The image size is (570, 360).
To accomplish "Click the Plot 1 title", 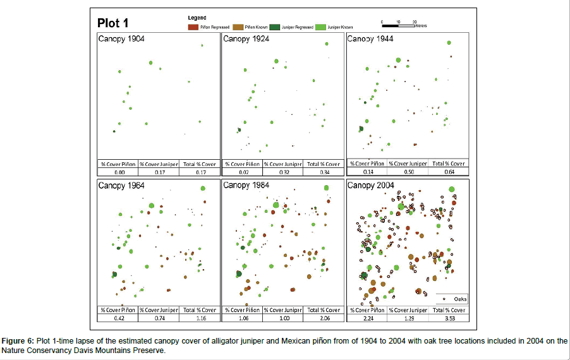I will click(x=113, y=23).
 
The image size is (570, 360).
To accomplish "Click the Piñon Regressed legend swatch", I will click(x=192, y=27).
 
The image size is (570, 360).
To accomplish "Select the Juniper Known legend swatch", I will click(x=321, y=27).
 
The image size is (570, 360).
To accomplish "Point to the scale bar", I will click(x=398, y=26).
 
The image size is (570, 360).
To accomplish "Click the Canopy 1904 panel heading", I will click(x=121, y=39).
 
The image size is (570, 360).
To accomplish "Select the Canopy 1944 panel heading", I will click(x=370, y=39).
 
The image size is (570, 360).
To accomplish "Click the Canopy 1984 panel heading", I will click(x=246, y=186).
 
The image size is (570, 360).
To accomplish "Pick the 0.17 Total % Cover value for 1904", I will click(x=198, y=172).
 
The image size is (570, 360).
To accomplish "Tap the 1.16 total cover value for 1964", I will click(x=198, y=318).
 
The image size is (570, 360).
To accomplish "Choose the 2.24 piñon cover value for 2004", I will click(x=367, y=318).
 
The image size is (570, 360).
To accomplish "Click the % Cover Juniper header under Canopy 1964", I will click(x=158, y=310).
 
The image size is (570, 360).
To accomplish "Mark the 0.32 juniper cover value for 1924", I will click(x=282, y=172).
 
